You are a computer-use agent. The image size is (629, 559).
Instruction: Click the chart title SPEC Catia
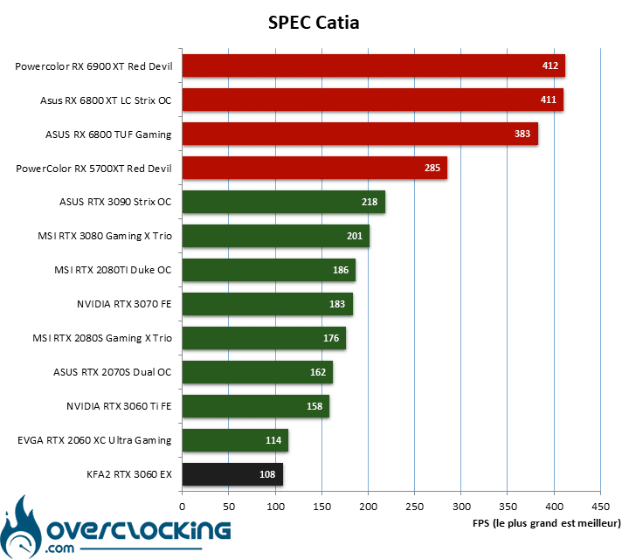point(314,23)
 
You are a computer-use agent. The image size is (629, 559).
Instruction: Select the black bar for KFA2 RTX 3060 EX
point(232,474)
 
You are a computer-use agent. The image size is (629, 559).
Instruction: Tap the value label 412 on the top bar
point(550,66)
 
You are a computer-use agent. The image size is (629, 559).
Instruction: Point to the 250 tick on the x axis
point(414,507)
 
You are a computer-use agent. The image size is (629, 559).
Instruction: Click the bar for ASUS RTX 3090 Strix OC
point(284,202)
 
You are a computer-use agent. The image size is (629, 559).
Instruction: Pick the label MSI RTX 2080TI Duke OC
point(113,270)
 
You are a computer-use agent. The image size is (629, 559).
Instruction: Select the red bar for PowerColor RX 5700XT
point(314,168)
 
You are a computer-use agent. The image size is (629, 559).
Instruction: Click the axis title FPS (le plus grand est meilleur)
point(546,523)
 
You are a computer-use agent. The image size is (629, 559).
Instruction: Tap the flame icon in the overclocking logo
point(21,528)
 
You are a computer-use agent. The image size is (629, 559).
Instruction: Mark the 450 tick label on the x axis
point(600,507)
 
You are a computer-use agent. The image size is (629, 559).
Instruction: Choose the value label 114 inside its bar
point(273,440)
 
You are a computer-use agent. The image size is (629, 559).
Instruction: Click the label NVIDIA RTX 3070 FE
point(124,304)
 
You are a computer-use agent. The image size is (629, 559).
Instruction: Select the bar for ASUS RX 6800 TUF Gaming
point(360,134)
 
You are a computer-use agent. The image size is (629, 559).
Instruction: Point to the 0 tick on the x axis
point(182,507)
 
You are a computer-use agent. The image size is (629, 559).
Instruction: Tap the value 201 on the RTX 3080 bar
point(355,236)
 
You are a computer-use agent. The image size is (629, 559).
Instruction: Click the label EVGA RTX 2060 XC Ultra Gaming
point(94,440)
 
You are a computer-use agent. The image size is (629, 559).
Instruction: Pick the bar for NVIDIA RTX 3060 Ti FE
point(256,406)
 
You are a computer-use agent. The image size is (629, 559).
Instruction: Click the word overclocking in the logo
point(139,530)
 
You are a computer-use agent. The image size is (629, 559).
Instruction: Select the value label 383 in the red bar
point(522,134)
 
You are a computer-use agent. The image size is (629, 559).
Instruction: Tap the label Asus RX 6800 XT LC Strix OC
point(106,100)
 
